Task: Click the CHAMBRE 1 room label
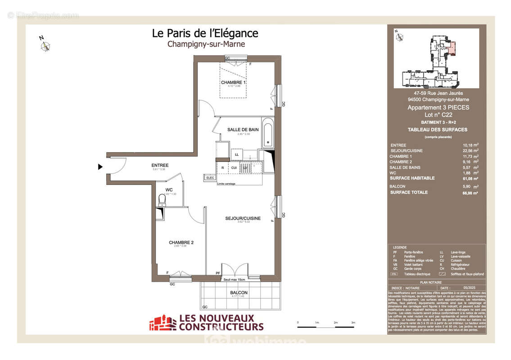(233, 83)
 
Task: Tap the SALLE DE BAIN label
(243, 130)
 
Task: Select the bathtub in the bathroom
(267, 133)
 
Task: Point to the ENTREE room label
(160, 166)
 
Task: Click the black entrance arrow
(101, 167)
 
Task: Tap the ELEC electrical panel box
(210, 178)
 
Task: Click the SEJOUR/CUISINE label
(243, 218)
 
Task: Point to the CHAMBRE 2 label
(181, 243)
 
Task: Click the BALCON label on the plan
(239, 292)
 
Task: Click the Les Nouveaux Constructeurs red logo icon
(163, 323)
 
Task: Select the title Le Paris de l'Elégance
(205, 33)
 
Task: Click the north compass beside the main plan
(45, 45)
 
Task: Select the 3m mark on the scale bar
(353, 323)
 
